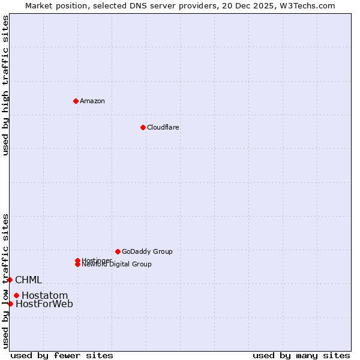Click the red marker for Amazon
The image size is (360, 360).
coord(76,101)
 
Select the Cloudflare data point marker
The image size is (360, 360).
coord(143,127)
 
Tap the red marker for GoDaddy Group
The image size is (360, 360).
coord(118,251)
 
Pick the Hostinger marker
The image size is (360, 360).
coord(77,260)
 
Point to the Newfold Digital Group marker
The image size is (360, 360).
coord(77,265)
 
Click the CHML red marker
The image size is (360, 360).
coord(10,280)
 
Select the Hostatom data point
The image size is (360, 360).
coord(16,295)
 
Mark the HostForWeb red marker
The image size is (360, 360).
coord(10,304)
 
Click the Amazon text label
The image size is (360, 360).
coord(92,101)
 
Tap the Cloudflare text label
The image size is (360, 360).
coord(163,127)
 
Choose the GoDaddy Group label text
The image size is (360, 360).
coord(147,251)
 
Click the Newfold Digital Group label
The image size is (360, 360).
coord(117,265)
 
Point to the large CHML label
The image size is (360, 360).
coord(28,280)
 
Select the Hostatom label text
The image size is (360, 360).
coord(45,296)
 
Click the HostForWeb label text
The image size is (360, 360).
coord(44,304)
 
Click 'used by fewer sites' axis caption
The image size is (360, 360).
coord(62,355)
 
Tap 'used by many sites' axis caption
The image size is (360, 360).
coord(301,355)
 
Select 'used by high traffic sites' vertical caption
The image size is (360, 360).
coord(5,85)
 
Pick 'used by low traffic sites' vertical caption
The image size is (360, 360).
coord(5,280)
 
